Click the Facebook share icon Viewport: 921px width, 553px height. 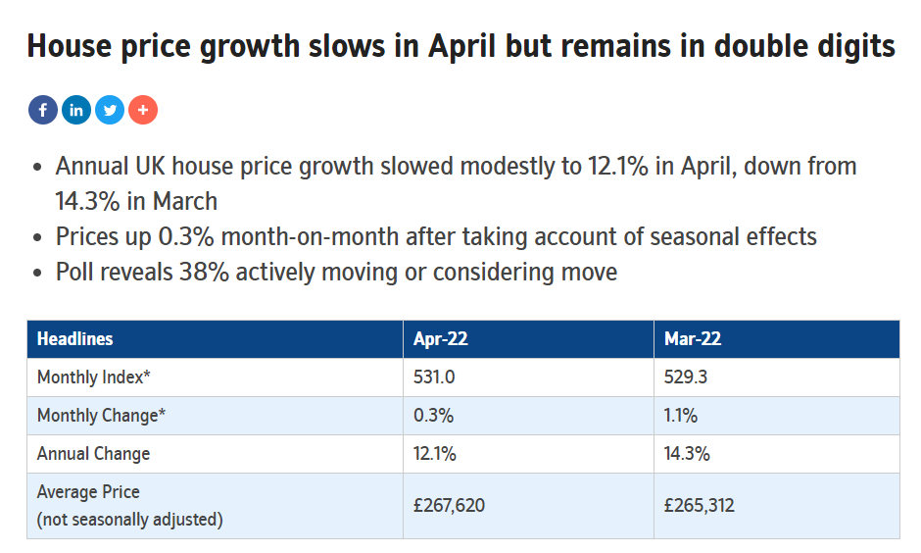43,110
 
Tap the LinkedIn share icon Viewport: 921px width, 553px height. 76,110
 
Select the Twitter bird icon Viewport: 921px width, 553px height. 110,110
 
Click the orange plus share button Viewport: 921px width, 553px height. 143,110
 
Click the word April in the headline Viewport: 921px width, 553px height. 462,47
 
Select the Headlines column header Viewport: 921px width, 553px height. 74,339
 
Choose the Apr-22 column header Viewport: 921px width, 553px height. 441,339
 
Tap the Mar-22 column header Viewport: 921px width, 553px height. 693,339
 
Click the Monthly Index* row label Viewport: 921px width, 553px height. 93,377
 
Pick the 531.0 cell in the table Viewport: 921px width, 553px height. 434,377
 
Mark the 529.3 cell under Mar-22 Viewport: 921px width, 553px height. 686,377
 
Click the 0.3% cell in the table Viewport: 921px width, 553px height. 433,416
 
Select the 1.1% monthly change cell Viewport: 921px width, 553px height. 681,416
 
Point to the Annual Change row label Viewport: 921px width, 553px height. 93,454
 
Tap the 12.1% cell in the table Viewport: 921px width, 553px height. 435,454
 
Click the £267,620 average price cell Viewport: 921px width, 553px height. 450,505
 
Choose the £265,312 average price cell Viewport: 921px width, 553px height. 700,505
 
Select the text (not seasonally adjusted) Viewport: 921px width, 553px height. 129,520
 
